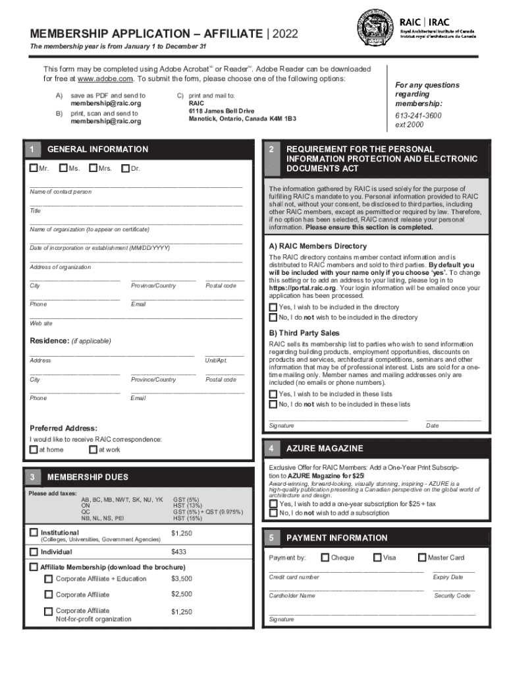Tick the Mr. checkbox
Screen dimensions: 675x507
[x=34, y=169]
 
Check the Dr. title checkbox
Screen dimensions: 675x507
[x=125, y=169]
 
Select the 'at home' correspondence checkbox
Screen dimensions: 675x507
[x=34, y=450]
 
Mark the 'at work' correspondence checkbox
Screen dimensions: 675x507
[x=92, y=450]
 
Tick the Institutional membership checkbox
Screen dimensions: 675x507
[x=34, y=532]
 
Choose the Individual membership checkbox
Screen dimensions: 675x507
[x=34, y=551]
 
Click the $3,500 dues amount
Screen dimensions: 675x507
[x=181, y=579]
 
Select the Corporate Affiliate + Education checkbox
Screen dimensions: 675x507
[x=48, y=579]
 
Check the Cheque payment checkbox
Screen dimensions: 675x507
[x=325, y=558]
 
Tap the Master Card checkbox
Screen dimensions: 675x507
[x=422, y=558]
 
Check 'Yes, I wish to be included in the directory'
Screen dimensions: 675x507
[x=273, y=307]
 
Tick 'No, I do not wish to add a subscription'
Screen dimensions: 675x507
[x=273, y=513]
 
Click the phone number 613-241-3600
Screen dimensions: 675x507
[x=419, y=116]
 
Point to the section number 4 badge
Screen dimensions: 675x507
[x=271, y=448]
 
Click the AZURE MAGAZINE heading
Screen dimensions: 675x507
[x=324, y=448]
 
